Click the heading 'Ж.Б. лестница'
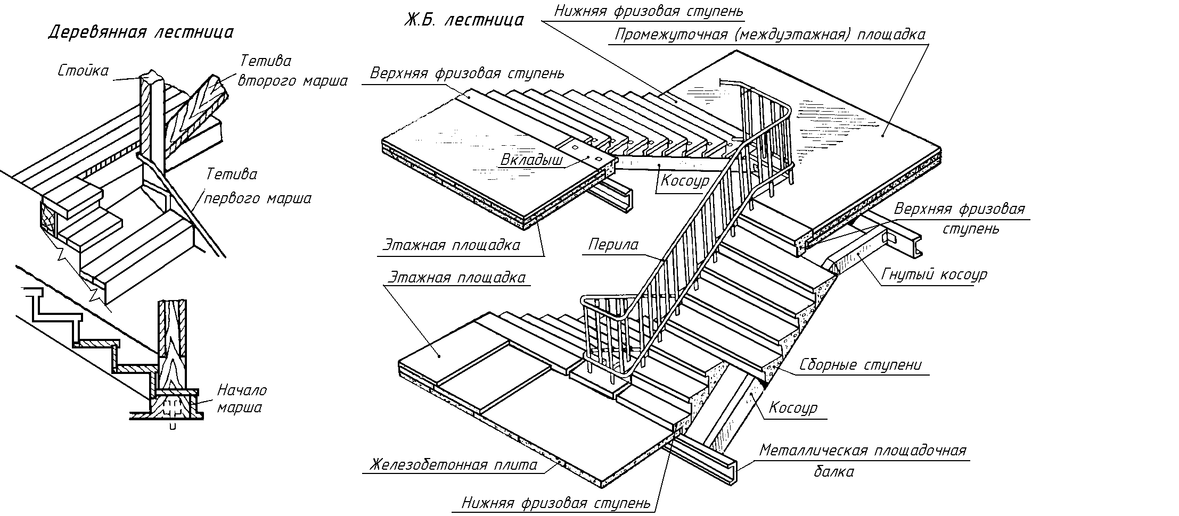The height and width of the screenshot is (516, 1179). point(463,21)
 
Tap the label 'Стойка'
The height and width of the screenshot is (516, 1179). point(83,71)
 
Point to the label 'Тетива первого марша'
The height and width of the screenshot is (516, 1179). point(258,186)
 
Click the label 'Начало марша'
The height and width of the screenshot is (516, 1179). point(241,399)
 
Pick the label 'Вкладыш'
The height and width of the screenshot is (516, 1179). point(531,160)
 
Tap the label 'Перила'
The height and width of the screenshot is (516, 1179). point(613,245)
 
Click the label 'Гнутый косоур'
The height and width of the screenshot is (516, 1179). point(934,274)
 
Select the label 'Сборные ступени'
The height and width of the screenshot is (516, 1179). point(860,365)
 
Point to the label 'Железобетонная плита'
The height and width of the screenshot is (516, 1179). point(454,464)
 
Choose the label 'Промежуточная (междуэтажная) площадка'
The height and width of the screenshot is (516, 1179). point(769,35)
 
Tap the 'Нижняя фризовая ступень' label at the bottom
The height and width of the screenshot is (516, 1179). point(556,503)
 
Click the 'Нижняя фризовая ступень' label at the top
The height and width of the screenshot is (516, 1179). point(648,11)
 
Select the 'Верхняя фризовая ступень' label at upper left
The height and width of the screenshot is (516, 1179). point(468,73)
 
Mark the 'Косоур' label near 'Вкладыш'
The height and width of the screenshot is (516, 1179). point(685,181)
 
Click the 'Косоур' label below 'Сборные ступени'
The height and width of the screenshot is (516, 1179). point(792,408)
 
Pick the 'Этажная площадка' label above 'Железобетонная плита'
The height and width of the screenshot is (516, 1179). point(457,278)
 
